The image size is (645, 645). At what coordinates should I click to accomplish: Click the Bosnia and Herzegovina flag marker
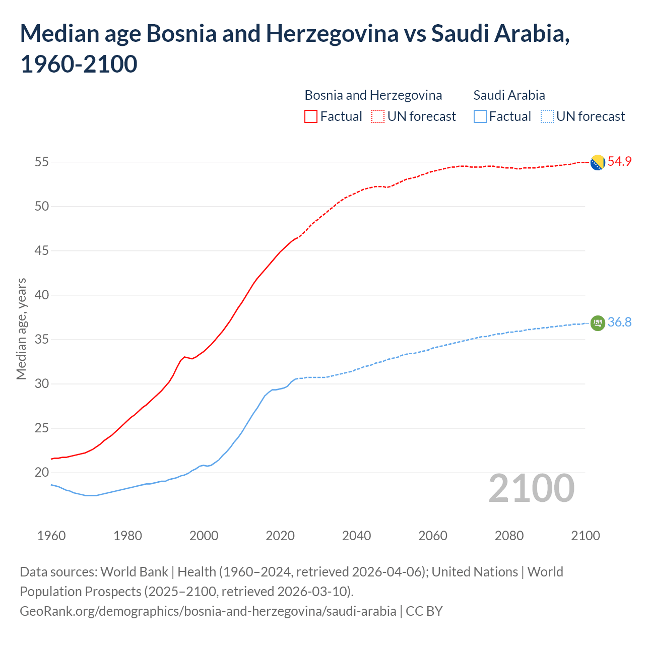(x=598, y=163)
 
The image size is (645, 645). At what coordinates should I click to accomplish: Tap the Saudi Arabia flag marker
(x=598, y=322)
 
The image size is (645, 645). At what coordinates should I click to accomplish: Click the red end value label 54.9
(x=619, y=162)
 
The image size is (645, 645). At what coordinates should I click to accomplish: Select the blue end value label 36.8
(x=619, y=322)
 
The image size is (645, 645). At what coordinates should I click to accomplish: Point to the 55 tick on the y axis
(x=41, y=162)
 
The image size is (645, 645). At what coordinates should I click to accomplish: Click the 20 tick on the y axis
(x=41, y=473)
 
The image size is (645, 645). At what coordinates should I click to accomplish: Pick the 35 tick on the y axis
(x=41, y=340)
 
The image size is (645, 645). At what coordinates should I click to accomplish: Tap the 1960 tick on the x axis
(x=51, y=536)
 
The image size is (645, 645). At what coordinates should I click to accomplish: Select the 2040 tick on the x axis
(x=356, y=536)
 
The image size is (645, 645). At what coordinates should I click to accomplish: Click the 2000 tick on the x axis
(x=204, y=536)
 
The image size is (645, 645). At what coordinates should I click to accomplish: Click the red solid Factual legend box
(x=311, y=116)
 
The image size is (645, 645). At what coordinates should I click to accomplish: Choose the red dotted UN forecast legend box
(x=378, y=116)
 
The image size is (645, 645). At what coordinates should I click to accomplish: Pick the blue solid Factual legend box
(x=480, y=116)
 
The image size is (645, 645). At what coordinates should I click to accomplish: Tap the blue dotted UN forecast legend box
(x=547, y=116)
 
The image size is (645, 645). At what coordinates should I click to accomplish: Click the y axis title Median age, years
(x=21, y=329)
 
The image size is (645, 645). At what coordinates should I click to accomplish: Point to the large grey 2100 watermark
(x=531, y=488)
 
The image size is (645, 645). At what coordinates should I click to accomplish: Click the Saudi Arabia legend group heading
(x=509, y=95)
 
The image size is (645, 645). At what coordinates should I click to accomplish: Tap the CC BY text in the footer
(x=424, y=611)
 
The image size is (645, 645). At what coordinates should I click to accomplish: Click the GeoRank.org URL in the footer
(x=208, y=611)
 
